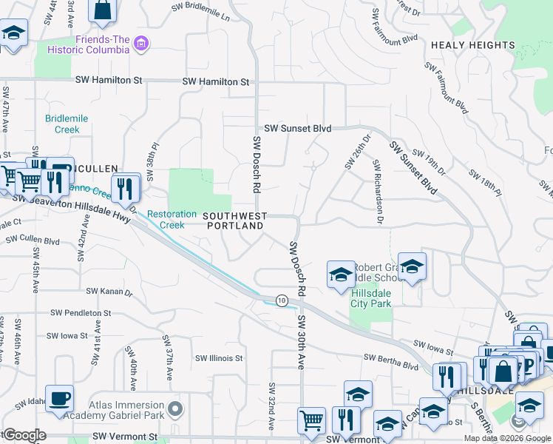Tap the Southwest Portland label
click(x=234, y=221)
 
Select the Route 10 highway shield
click(x=282, y=300)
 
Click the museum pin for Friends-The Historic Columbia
click(x=141, y=44)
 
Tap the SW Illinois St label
click(x=219, y=358)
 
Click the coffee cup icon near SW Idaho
click(x=59, y=397)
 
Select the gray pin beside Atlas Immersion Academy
click(x=174, y=408)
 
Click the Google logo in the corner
click(x=24, y=435)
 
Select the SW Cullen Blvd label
click(x=33, y=240)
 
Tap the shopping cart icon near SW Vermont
click(x=311, y=420)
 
